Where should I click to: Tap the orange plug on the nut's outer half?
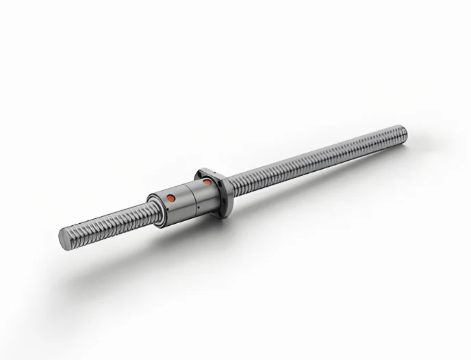[170, 198]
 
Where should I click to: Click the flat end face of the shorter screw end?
[64, 237]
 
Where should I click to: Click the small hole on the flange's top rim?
[206, 171]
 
